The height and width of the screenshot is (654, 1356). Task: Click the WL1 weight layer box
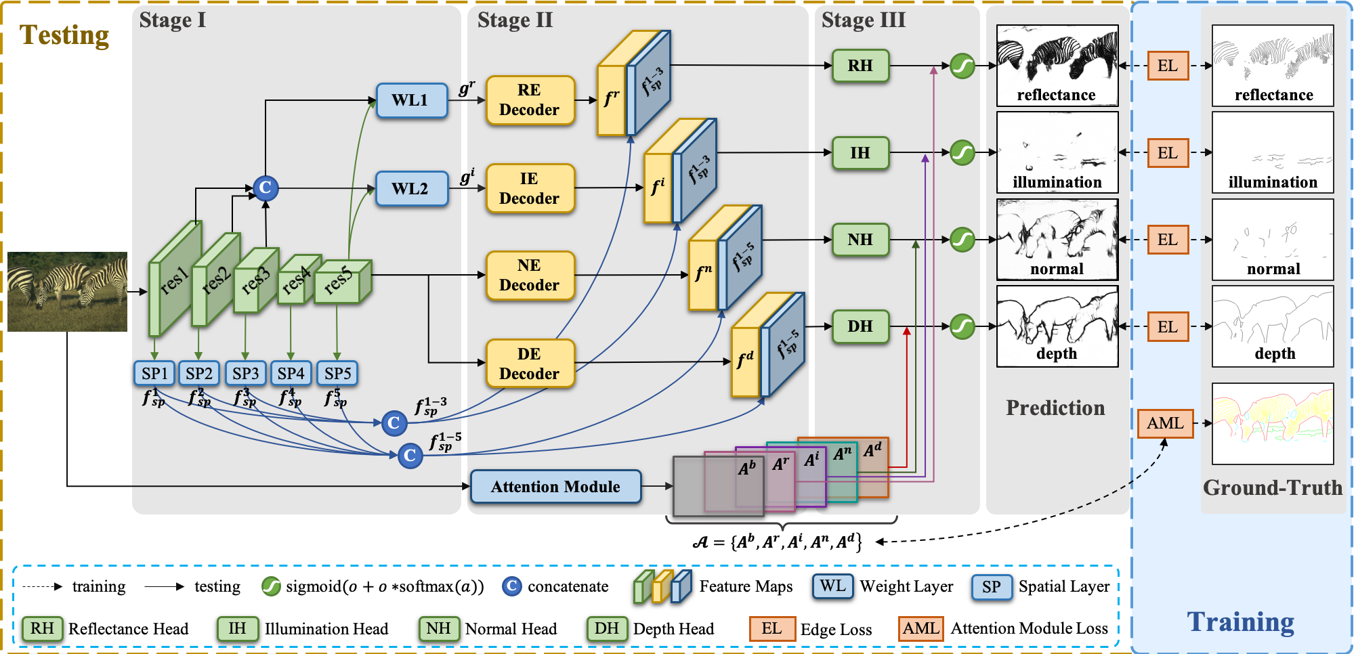pos(411,100)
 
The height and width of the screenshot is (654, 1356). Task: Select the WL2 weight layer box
pos(411,188)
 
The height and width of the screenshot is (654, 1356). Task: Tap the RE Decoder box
pos(530,100)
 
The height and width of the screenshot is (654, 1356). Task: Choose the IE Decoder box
pos(530,188)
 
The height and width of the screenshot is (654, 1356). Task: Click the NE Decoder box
pos(530,275)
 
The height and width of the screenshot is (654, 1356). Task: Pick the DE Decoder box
pos(530,364)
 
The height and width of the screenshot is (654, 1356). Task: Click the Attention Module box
pos(555,487)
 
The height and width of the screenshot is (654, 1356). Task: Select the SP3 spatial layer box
pos(245,373)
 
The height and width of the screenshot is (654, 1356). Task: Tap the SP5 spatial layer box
pos(337,373)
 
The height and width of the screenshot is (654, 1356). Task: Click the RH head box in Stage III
pos(860,66)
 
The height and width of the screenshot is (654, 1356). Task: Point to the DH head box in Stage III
pos(860,326)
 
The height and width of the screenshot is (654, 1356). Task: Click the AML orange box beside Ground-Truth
pos(1165,423)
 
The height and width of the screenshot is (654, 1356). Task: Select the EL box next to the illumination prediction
pos(1168,153)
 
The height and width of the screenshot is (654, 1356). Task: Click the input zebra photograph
pos(67,292)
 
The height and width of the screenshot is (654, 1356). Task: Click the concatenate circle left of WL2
pos(266,188)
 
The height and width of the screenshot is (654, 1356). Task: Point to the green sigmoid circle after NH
pos(962,239)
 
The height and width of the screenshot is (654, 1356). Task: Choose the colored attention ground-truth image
pos(1273,424)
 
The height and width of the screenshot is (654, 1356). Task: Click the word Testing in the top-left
pos(64,35)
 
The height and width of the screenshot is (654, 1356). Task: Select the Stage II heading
pos(515,20)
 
